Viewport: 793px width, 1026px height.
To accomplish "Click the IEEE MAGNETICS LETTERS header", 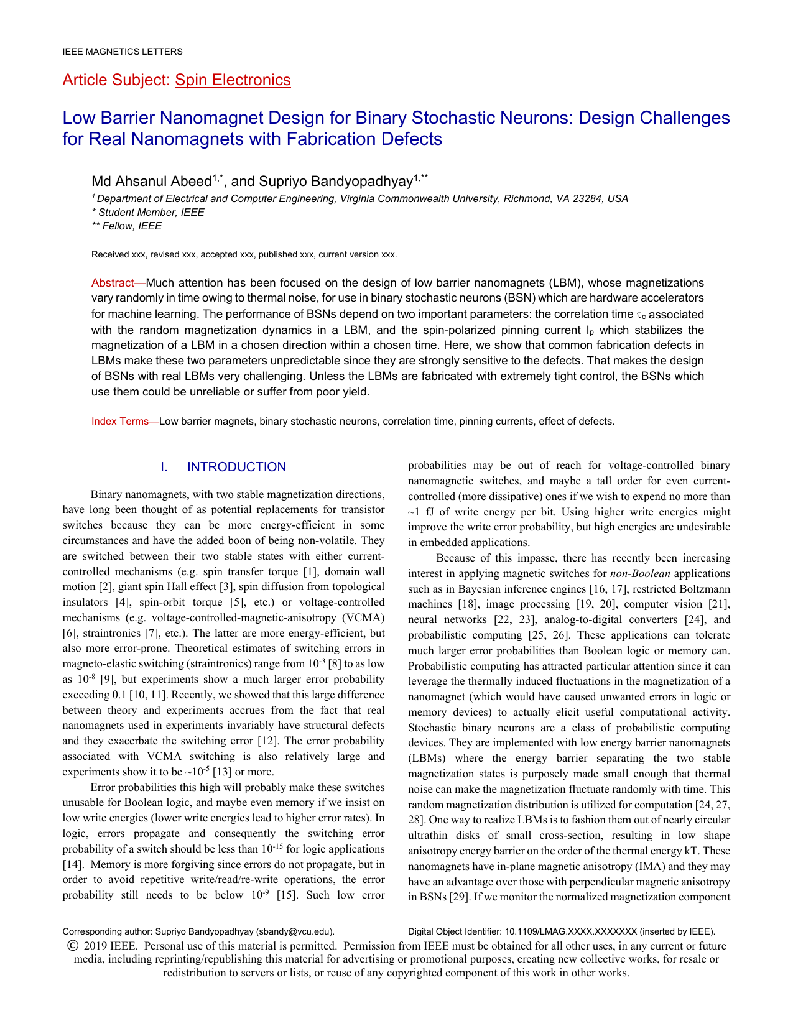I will click(123, 52).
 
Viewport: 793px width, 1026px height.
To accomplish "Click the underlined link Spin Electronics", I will click(233, 80).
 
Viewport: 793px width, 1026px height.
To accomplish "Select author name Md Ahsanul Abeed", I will click(151, 181).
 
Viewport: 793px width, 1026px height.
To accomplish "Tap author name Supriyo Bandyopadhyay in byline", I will click(336, 181).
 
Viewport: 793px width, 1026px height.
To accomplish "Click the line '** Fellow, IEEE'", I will click(126, 226).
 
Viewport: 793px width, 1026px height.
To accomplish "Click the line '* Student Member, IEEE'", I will click(147, 212).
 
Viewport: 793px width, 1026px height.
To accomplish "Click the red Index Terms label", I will click(120, 421).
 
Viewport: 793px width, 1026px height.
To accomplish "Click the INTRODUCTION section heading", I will click(236, 467).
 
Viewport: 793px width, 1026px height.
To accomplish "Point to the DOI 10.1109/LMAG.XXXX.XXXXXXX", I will click(571, 931).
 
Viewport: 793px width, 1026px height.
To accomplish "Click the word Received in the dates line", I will click(110, 254).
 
